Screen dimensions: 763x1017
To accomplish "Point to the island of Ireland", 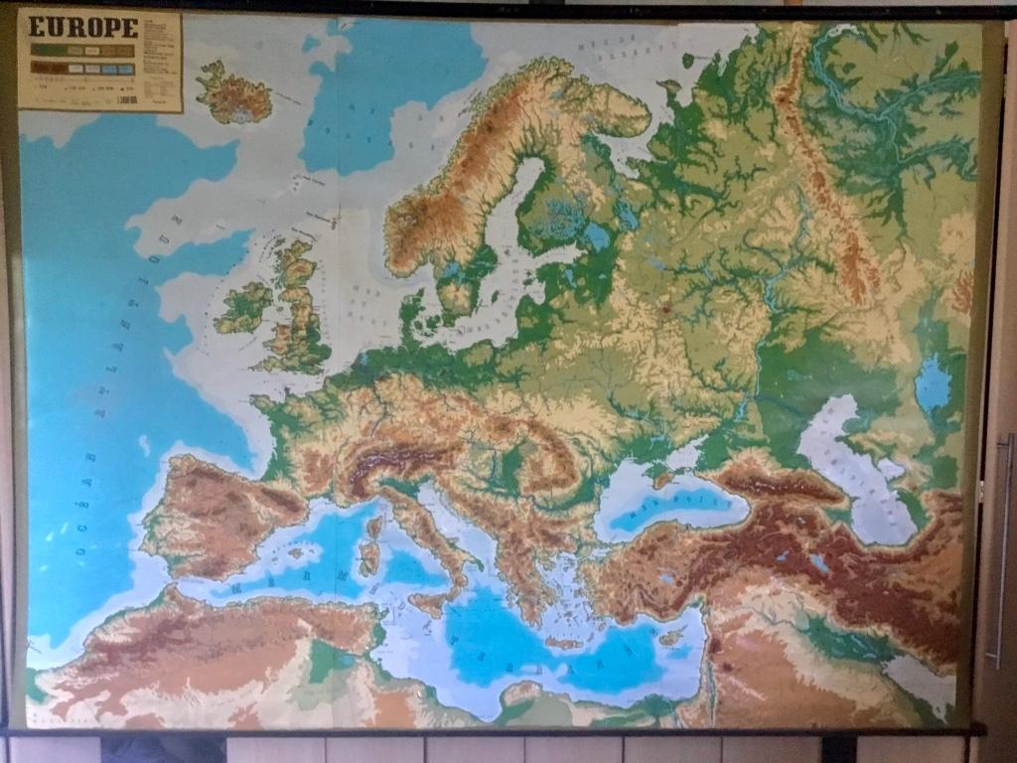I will pos(242,307).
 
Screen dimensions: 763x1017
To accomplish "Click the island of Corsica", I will pos(374,526).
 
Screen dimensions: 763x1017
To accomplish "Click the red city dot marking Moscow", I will pos(664,309).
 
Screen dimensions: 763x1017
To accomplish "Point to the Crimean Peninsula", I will pos(663,475).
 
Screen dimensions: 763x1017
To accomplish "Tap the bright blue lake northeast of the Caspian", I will pos(933,384).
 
